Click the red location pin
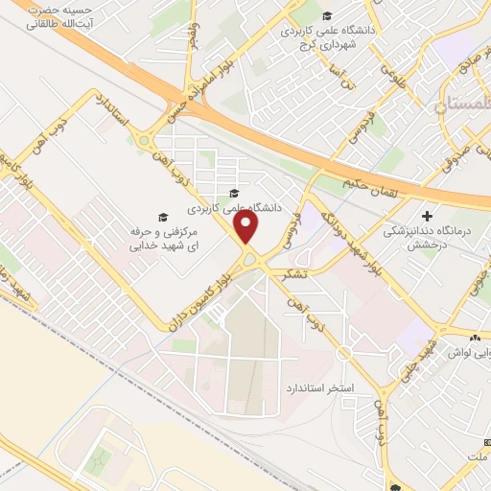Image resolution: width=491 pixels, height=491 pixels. point(247,227)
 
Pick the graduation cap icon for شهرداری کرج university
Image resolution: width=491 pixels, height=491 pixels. point(328,15)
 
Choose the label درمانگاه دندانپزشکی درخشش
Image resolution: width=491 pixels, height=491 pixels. point(427,230)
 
